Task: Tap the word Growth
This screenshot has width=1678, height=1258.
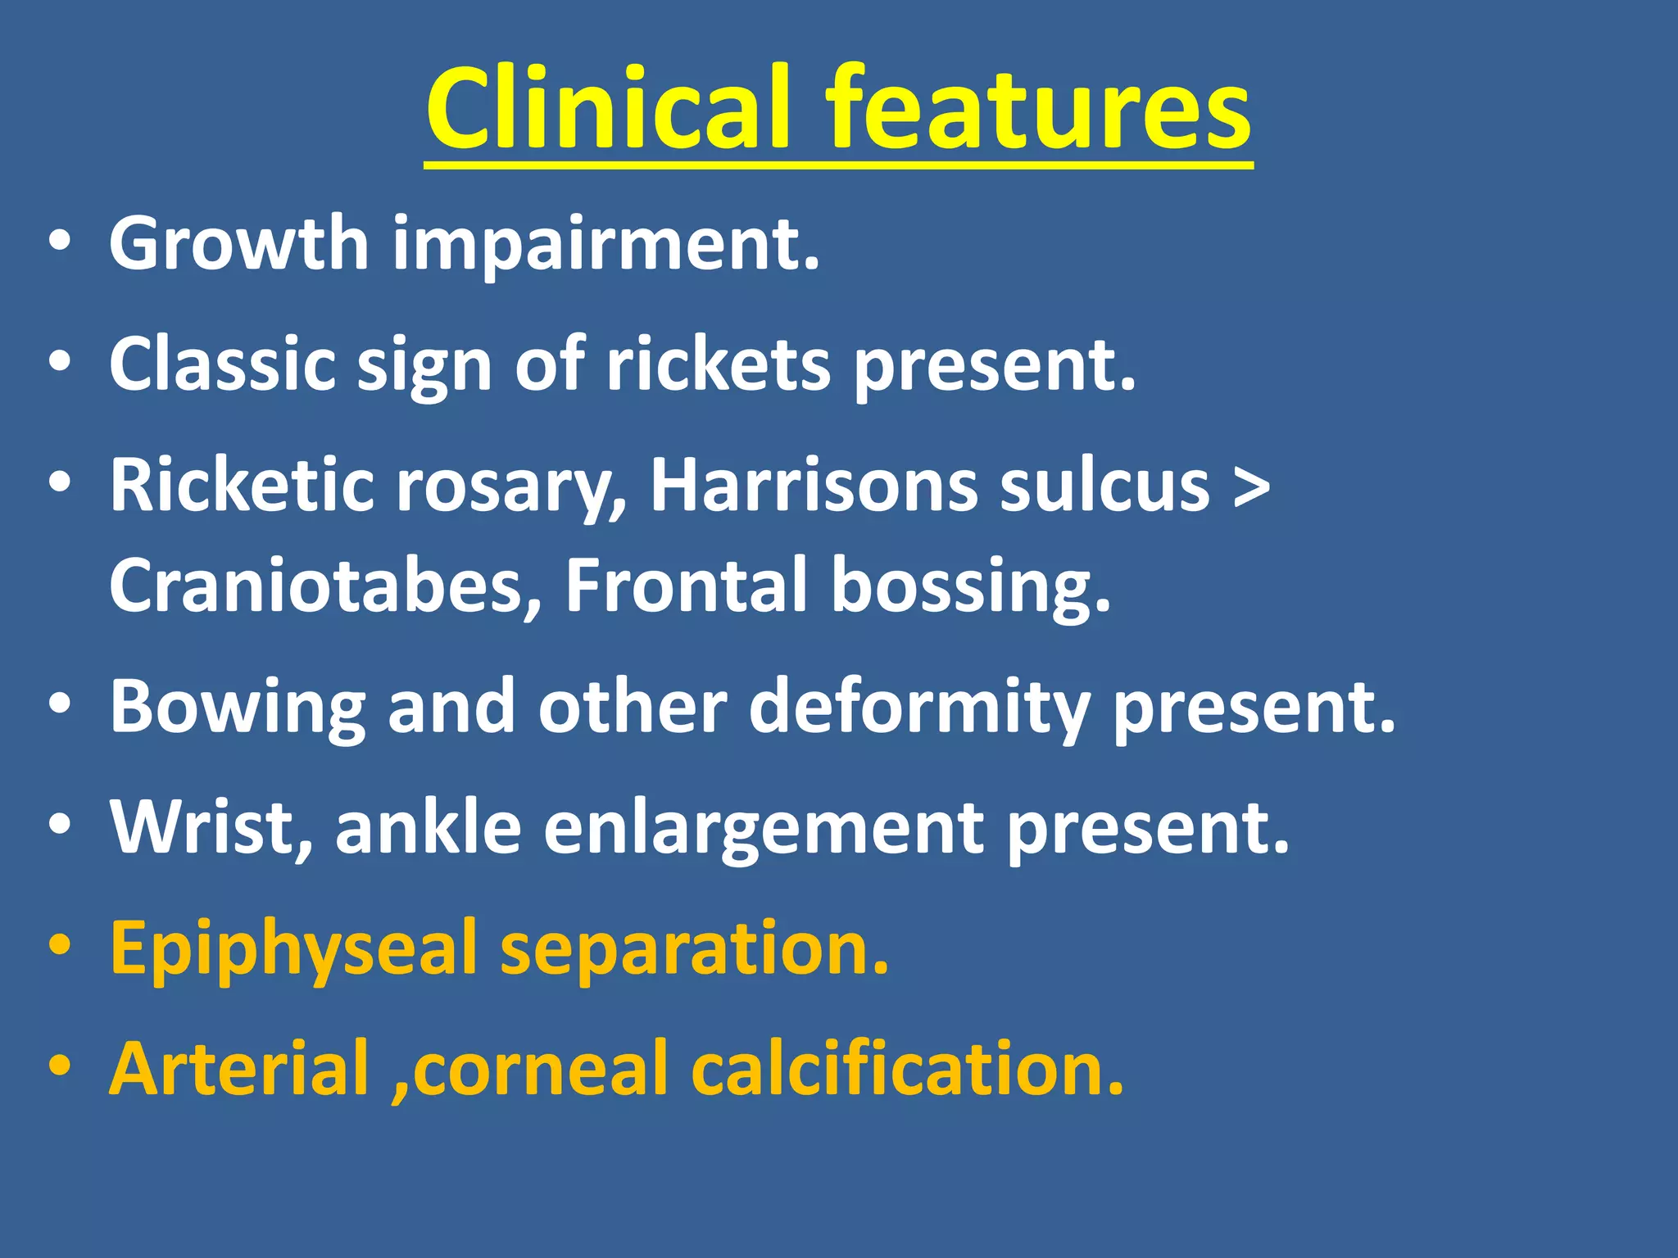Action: pos(238,243)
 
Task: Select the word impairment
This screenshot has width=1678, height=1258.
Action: pos(605,245)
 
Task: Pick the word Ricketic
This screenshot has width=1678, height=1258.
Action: pos(243,485)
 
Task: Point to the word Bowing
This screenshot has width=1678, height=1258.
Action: pos(238,708)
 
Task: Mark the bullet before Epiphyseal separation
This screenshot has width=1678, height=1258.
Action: pos(61,947)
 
